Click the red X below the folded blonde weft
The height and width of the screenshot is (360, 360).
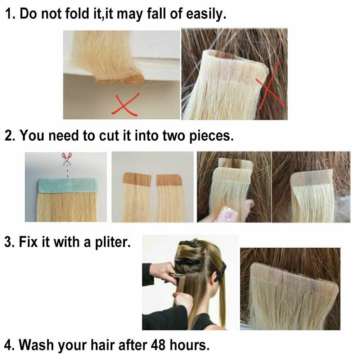[126, 104]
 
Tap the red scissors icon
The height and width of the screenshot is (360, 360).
[67, 158]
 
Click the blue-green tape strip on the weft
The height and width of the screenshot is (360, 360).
[68, 185]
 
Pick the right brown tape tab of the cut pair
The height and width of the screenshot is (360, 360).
[169, 180]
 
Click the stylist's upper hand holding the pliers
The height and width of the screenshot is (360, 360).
[163, 271]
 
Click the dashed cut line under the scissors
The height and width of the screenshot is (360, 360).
[68, 172]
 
